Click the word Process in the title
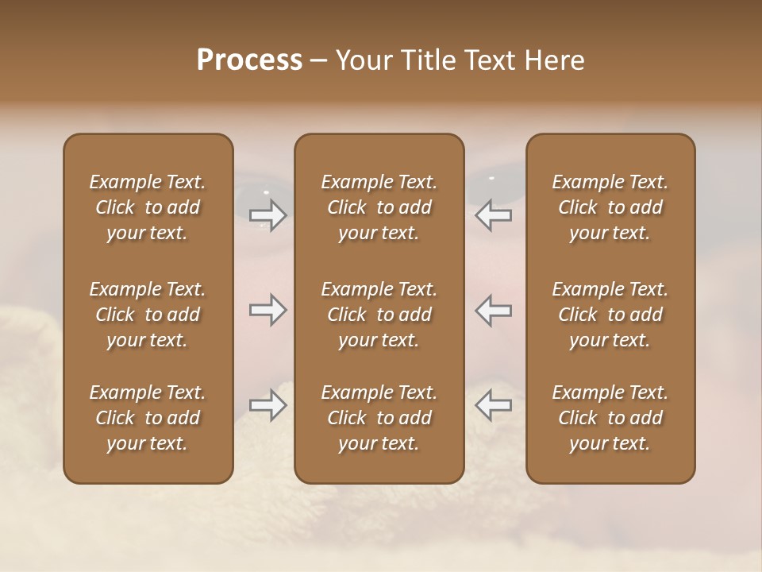point(249,60)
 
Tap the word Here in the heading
point(554,60)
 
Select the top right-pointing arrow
point(268,215)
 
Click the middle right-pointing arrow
point(268,310)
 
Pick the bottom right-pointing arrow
point(268,405)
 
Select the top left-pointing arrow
point(494,215)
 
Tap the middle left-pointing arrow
point(494,310)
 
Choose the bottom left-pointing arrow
point(494,405)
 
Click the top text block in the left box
point(148,207)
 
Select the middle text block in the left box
point(148,315)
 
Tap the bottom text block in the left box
point(148,418)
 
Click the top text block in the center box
point(379,207)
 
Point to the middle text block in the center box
point(379,315)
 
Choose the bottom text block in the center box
point(379,418)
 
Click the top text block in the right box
point(610,207)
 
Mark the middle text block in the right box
point(610,315)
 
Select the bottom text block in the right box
point(610,418)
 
